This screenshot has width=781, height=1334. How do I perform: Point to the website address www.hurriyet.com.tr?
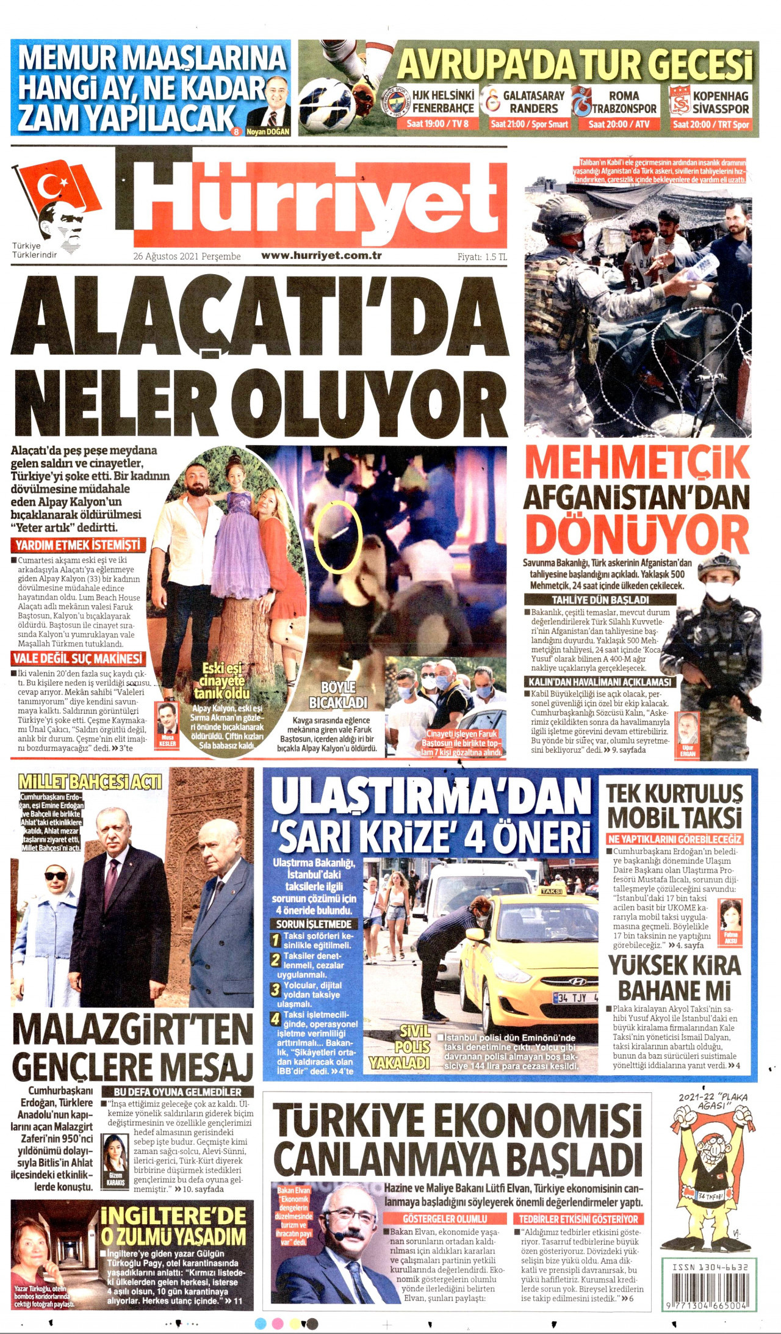point(322,255)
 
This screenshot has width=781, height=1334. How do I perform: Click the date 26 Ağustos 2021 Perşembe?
point(187,256)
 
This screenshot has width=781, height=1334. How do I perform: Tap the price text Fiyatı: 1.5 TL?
point(482,256)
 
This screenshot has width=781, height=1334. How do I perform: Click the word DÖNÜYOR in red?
point(637,534)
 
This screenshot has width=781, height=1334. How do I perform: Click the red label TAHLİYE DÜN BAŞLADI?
point(600,600)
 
